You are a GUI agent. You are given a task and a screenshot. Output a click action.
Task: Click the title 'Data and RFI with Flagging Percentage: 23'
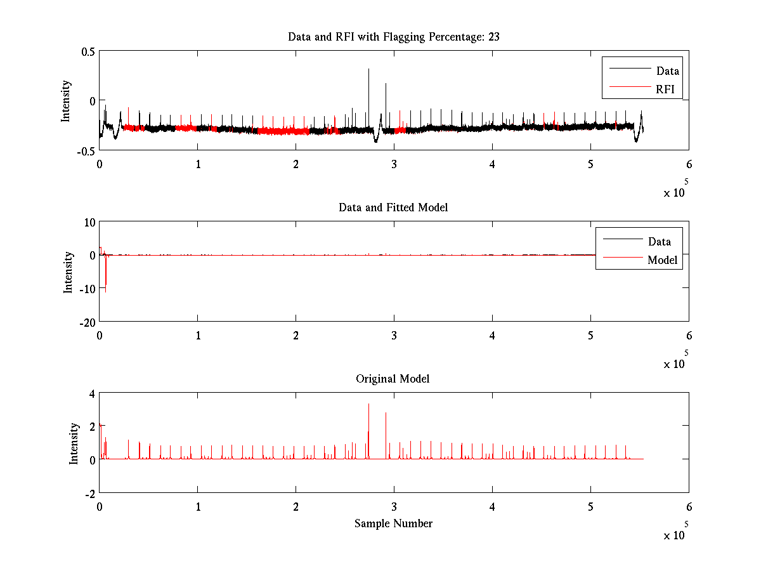point(393,37)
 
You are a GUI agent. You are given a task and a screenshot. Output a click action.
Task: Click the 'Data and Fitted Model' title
point(393,207)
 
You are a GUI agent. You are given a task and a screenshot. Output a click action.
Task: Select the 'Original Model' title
point(393,379)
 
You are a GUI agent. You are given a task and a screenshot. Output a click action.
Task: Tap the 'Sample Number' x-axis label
point(393,523)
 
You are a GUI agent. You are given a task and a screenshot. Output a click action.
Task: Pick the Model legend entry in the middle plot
point(662,259)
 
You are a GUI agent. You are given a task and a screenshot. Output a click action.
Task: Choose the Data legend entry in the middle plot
point(659,241)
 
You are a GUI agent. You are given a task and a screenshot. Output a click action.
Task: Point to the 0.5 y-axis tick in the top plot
point(87,51)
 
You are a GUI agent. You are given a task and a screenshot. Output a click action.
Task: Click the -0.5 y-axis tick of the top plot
point(86,150)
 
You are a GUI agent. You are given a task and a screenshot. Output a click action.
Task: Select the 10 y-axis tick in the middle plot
point(88,222)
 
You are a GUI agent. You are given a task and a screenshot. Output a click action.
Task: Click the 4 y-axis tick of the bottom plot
point(91,393)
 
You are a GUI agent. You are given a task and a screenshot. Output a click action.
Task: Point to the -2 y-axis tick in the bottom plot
point(89,493)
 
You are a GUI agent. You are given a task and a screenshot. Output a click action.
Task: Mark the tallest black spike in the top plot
point(368,71)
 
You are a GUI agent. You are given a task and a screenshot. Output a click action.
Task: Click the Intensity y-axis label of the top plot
point(66,101)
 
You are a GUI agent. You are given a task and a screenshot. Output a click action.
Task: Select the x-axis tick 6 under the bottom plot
point(689,507)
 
